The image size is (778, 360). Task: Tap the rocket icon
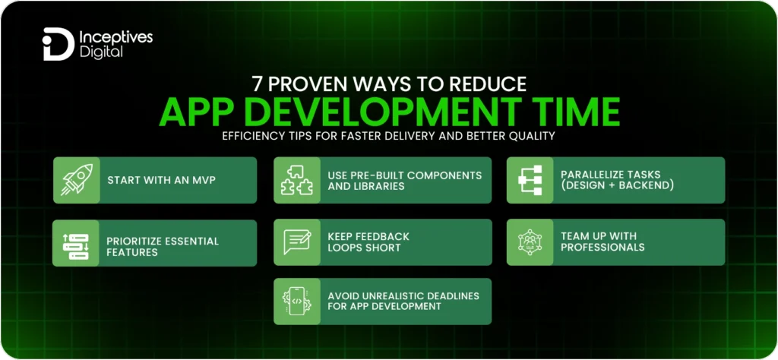76,180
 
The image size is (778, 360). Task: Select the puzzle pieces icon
297,180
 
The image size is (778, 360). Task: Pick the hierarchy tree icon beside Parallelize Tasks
530,180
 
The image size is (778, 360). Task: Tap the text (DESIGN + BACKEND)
616,186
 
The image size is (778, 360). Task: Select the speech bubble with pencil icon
297,242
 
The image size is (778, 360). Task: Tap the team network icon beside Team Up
530,242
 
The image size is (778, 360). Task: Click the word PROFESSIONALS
602,248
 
